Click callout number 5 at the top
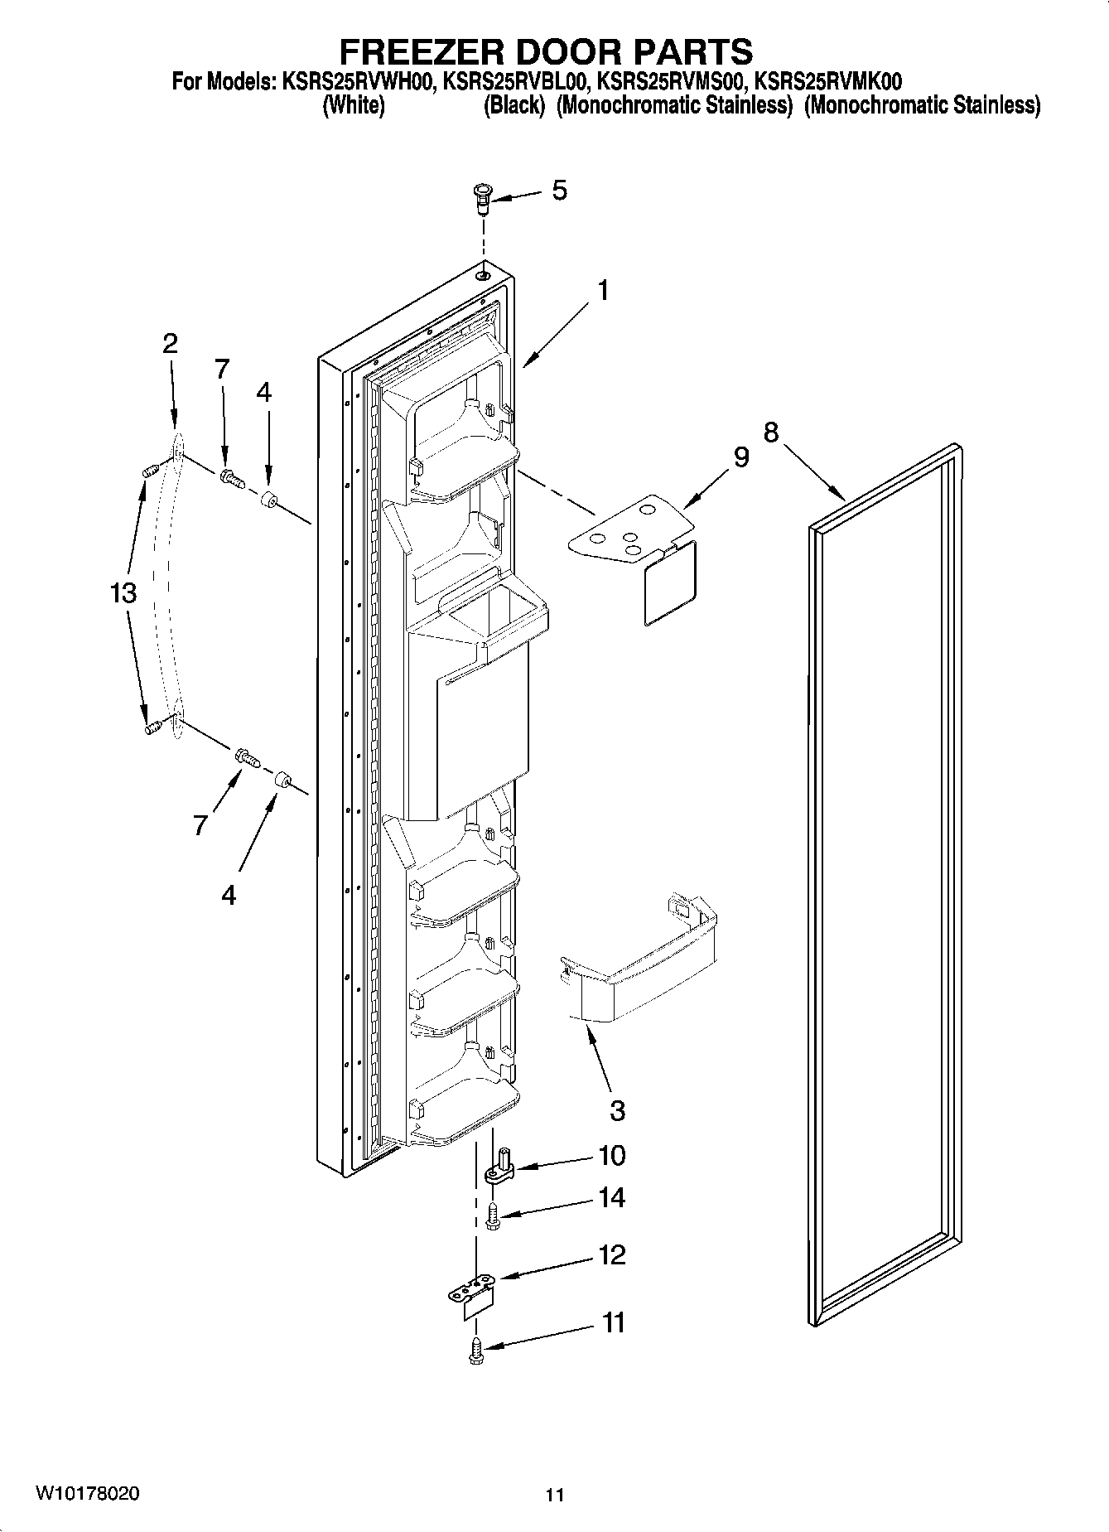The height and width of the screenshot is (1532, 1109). pyautogui.click(x=559, y=191)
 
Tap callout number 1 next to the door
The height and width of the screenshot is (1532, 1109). pyautogui.click(x=603, y=291)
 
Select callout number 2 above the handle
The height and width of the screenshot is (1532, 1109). pyautogui.click(x=170, y=344)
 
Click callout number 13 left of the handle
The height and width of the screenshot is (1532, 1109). pyautogui.click(x=122, y=593)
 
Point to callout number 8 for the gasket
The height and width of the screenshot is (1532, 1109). pyautogui.click(x=771, y=433)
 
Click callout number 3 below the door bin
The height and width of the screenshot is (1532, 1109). pyautogui.click(x=617, y=1110)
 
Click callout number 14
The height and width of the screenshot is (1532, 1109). pyautogui.click(x=611, y=1198)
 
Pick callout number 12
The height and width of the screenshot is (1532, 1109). pyautogui.click(x=611, y=1255)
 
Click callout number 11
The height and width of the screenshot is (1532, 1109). pyautogui.click(x=613, y=1323)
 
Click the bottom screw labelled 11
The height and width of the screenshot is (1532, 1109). pyautogui.click(x=477, y=1351)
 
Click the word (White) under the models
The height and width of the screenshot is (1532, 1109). pyautogui.click(x=353, y=105)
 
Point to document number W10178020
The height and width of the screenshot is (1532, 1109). pyautogui.click(x=86, y=1494)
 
